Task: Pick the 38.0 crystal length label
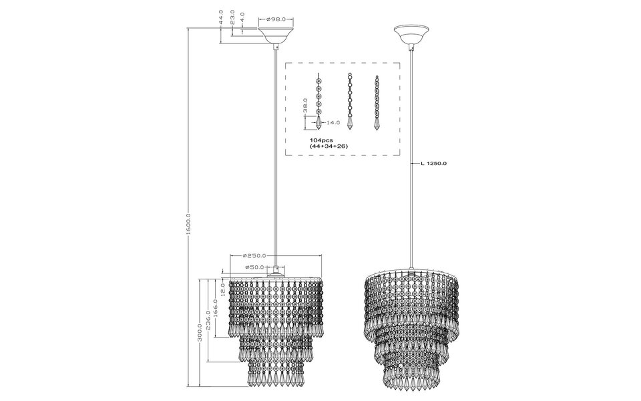(304, 106)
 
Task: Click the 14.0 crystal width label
(333, 123)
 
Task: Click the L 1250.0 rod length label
(434, 162)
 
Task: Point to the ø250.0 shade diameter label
(255, 256)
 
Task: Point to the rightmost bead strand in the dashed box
(377, 102)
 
